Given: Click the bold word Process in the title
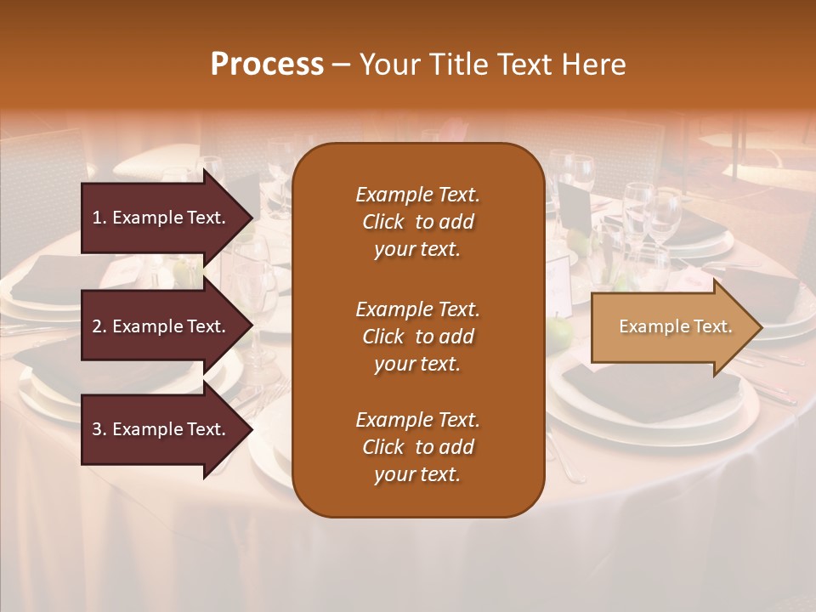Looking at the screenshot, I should (267, 65).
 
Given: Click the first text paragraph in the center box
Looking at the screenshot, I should (417, 222).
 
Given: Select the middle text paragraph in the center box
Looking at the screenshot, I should (417, 337).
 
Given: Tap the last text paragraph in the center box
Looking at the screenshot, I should (417, 447).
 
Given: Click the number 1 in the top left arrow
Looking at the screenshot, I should (97, 218).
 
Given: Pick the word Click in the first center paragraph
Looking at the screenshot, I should (383, 222).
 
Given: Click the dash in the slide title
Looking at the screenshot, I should (341, 65).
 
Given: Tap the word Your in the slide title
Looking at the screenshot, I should (387, 65).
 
